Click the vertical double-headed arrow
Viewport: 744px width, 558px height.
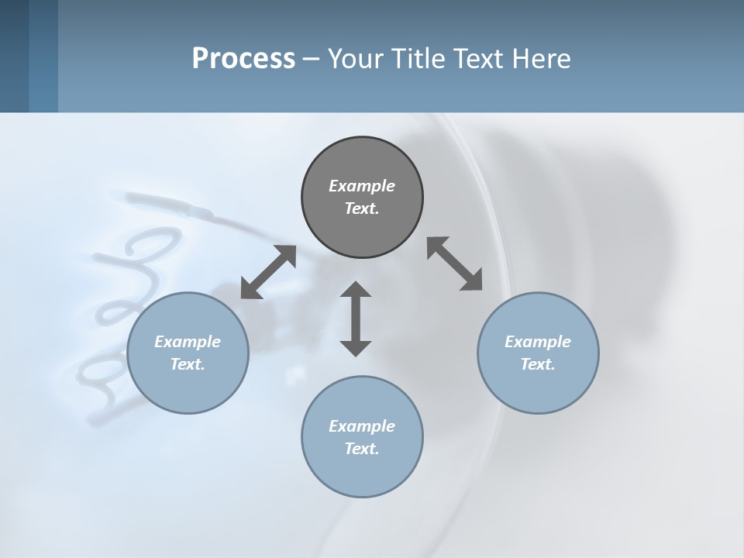tap(356, 319)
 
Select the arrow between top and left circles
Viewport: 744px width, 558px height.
tap(268, 272)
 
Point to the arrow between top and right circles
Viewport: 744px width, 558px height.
tap(454, 263)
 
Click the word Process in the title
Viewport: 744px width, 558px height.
tap(243, 58)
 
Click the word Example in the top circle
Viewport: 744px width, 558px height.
tap(362, 186)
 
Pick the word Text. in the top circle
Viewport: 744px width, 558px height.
tap(362, 208)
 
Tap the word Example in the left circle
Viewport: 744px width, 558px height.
tap(188, 342)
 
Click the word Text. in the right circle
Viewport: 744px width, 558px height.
tap(538, 364)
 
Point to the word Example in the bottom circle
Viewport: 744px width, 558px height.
tap(362, 426)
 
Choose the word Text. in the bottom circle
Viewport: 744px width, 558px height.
tap(362, 449)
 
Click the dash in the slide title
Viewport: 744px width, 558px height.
tap(311, 59)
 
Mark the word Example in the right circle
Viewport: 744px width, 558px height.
tap(538, 342)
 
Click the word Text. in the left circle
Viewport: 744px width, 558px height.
tap(188, 364)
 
